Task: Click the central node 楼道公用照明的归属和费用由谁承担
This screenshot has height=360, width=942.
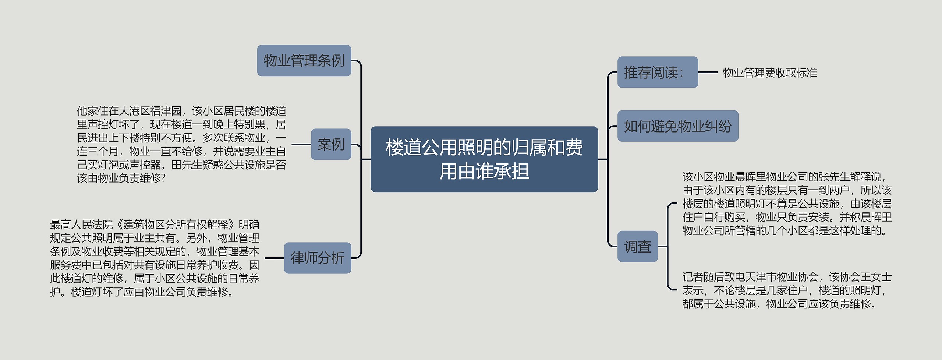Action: pyautogui.click(x=484, y=159)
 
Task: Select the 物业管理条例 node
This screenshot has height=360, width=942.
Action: pyautogui.click(x=304, y=61)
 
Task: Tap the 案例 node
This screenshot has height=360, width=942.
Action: pyautogui.click(x=331, y=144)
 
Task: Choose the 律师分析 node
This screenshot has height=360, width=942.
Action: pyautogui.click(x=317, y=258)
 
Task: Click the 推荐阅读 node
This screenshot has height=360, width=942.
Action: pyautogui.click(x=657, y=72)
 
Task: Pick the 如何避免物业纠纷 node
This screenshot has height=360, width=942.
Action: pyautogui.click(x=677, y=126)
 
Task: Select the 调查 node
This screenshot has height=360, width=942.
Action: pyautogui.click(x=637, y=246)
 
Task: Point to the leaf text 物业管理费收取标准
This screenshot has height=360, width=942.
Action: pyautogui.click(x=769, y=73)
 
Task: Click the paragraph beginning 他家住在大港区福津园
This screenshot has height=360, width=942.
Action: pyautogui.click(x=181, y=144)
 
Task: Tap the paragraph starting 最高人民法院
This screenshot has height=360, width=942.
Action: pyautogui.click(x=155, y=258)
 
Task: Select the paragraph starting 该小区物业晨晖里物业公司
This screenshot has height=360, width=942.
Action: pyautogui.click(x=787, y=204)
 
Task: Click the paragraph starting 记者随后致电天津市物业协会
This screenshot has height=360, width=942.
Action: pyautogui.click(x=787, y=290)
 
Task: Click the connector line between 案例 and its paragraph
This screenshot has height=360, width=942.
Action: pyautogui.click(x=301, y=144)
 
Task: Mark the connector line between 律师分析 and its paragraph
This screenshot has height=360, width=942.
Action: pyautogui.click(x=274, y=258)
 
